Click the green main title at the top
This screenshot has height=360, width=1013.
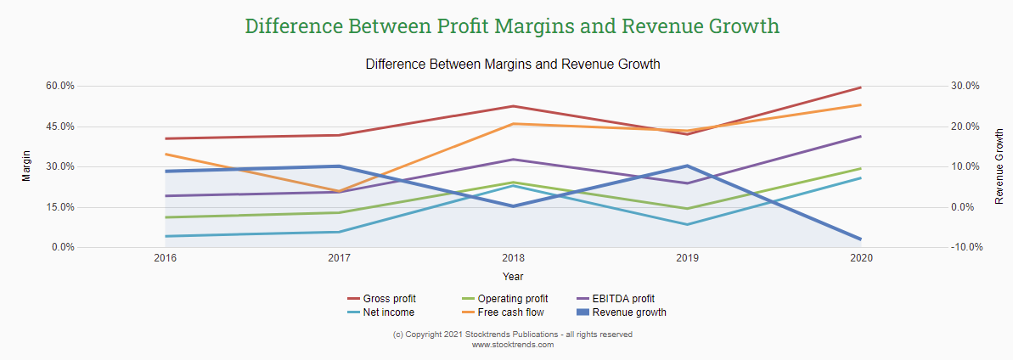pos(512,25)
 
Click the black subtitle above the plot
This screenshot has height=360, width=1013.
pos(512,65)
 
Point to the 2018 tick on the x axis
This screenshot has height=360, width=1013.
pos(513,257)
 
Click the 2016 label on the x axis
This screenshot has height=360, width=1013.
pos(165,257)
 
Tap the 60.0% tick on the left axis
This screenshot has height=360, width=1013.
pos(60,86)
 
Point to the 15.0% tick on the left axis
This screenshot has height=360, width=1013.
pos(60,207)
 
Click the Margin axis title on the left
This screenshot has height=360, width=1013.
pos(25,166)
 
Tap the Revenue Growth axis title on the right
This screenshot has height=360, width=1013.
pos(999,166)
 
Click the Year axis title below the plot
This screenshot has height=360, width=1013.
pos(513,276)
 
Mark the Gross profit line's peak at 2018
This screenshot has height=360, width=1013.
pos(513,106)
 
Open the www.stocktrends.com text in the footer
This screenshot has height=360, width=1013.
pos(512,345)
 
